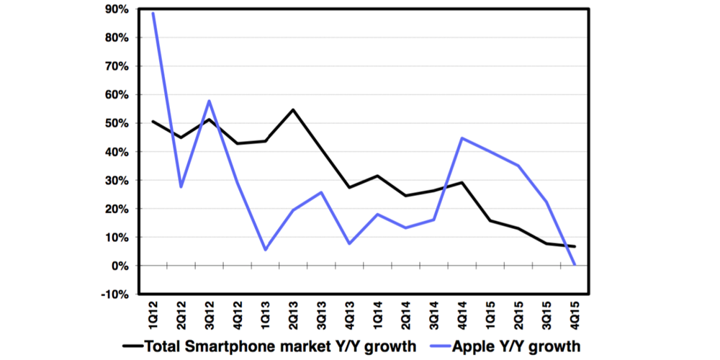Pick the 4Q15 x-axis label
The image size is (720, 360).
tap(575, 312)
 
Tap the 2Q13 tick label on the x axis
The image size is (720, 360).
tap(294, 312)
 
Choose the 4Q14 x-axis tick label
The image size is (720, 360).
tap(462, 312)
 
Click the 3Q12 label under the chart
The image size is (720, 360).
tap(210, 312)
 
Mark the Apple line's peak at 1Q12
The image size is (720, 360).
tap(153, 14)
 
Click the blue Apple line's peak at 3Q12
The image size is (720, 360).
tap(209, 101)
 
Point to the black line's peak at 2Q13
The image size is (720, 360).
tap(293, 109)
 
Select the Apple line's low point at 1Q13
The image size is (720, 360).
tap(266, 250)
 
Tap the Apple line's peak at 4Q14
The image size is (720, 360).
tap(462, 138)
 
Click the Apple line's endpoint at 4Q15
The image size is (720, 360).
tap(574, 265)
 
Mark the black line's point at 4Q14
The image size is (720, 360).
tap(462, 182)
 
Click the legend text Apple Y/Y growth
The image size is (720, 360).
tap(516, 346)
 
